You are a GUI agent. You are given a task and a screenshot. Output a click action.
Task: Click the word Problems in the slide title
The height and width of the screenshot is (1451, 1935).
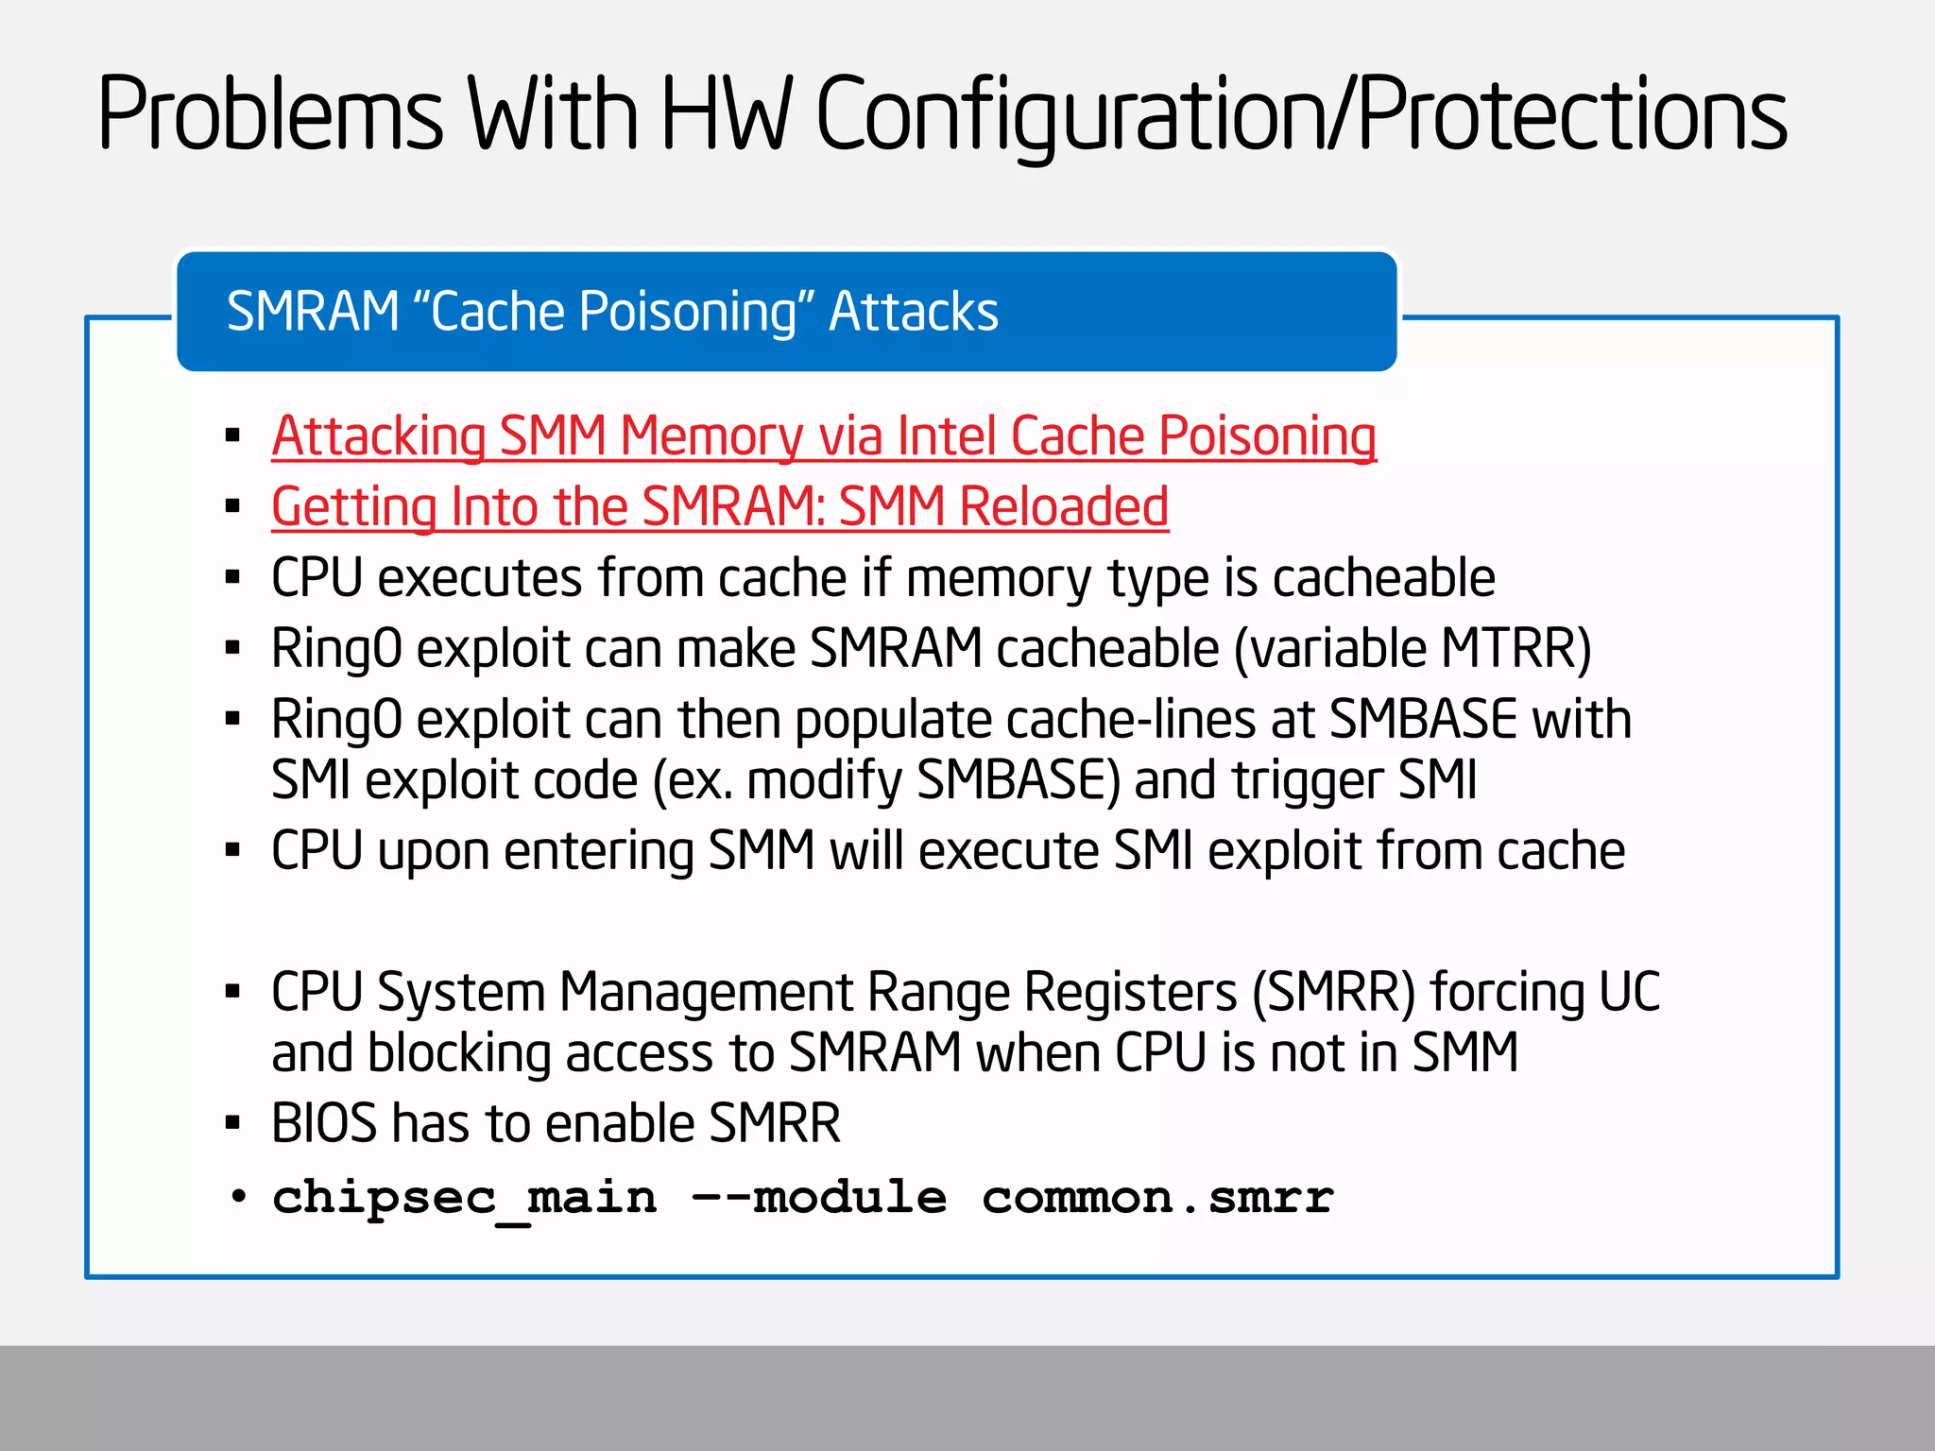pos(270,114)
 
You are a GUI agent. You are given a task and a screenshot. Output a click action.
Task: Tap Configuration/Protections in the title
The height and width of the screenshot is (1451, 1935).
pos(1301,114)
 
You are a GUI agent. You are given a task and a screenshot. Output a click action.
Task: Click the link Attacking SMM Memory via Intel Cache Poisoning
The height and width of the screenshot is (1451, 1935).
pos(823,436)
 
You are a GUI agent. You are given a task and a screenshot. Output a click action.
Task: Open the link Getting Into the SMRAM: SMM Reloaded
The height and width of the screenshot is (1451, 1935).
pos(720,506)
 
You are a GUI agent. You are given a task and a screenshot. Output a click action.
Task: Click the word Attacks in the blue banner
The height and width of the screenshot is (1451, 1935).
pos(913,312)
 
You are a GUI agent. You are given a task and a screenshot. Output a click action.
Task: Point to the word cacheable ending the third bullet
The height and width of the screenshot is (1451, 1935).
pos(1383,577)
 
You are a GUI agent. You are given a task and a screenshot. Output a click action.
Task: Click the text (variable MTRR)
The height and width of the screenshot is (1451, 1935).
pos(1413,649)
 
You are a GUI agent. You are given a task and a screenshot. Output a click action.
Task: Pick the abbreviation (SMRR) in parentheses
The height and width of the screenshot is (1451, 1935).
pos(1333,992)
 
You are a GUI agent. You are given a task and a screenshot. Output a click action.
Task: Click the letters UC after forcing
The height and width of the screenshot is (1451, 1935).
pos(1629,992)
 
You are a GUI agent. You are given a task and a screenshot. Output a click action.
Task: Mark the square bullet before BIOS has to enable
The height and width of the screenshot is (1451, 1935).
pos(233,1123)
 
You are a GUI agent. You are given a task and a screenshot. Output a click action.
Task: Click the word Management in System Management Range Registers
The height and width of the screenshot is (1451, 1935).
pos(707,992)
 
